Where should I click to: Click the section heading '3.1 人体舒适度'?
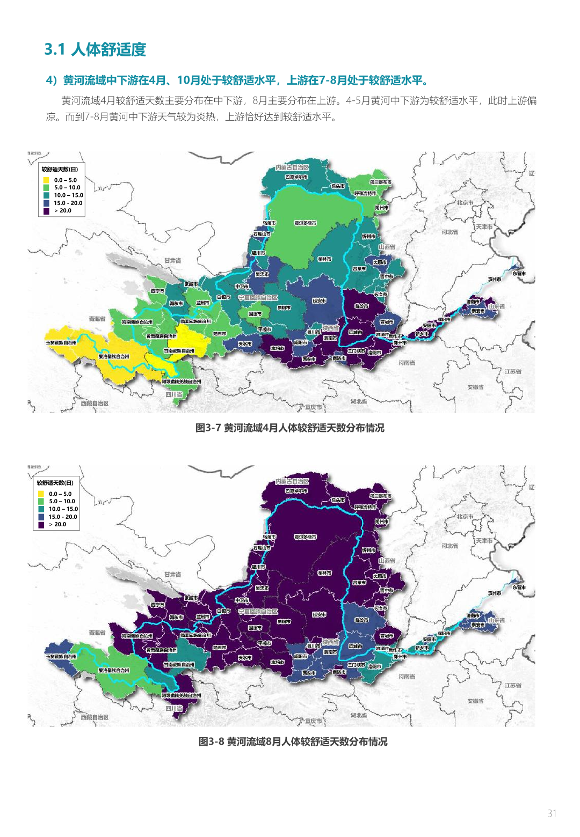click(95, 49)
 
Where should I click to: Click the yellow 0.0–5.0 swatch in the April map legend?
click(46, 180)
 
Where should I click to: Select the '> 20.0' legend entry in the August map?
click(41, 524)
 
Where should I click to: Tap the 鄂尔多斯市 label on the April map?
click(305, 223)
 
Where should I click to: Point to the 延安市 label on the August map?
click(319, 615)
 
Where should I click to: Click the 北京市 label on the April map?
click(465, 202)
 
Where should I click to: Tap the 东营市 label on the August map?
click(519, 587)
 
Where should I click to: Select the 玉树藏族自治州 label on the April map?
click(61, 342)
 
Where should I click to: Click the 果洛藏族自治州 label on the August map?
click(113, 670)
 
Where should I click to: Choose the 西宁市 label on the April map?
click(157, 291)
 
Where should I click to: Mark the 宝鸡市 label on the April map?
click(277, 348)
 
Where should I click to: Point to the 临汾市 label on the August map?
click(361, 620)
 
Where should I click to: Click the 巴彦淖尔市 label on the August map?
click(296, 490)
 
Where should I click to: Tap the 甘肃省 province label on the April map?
click(172, 260)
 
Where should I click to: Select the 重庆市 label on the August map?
click(313, 721)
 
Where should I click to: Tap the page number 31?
click(552, 813)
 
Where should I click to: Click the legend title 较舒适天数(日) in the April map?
click(60, 169)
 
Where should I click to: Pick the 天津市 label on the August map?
click(483, 540)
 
